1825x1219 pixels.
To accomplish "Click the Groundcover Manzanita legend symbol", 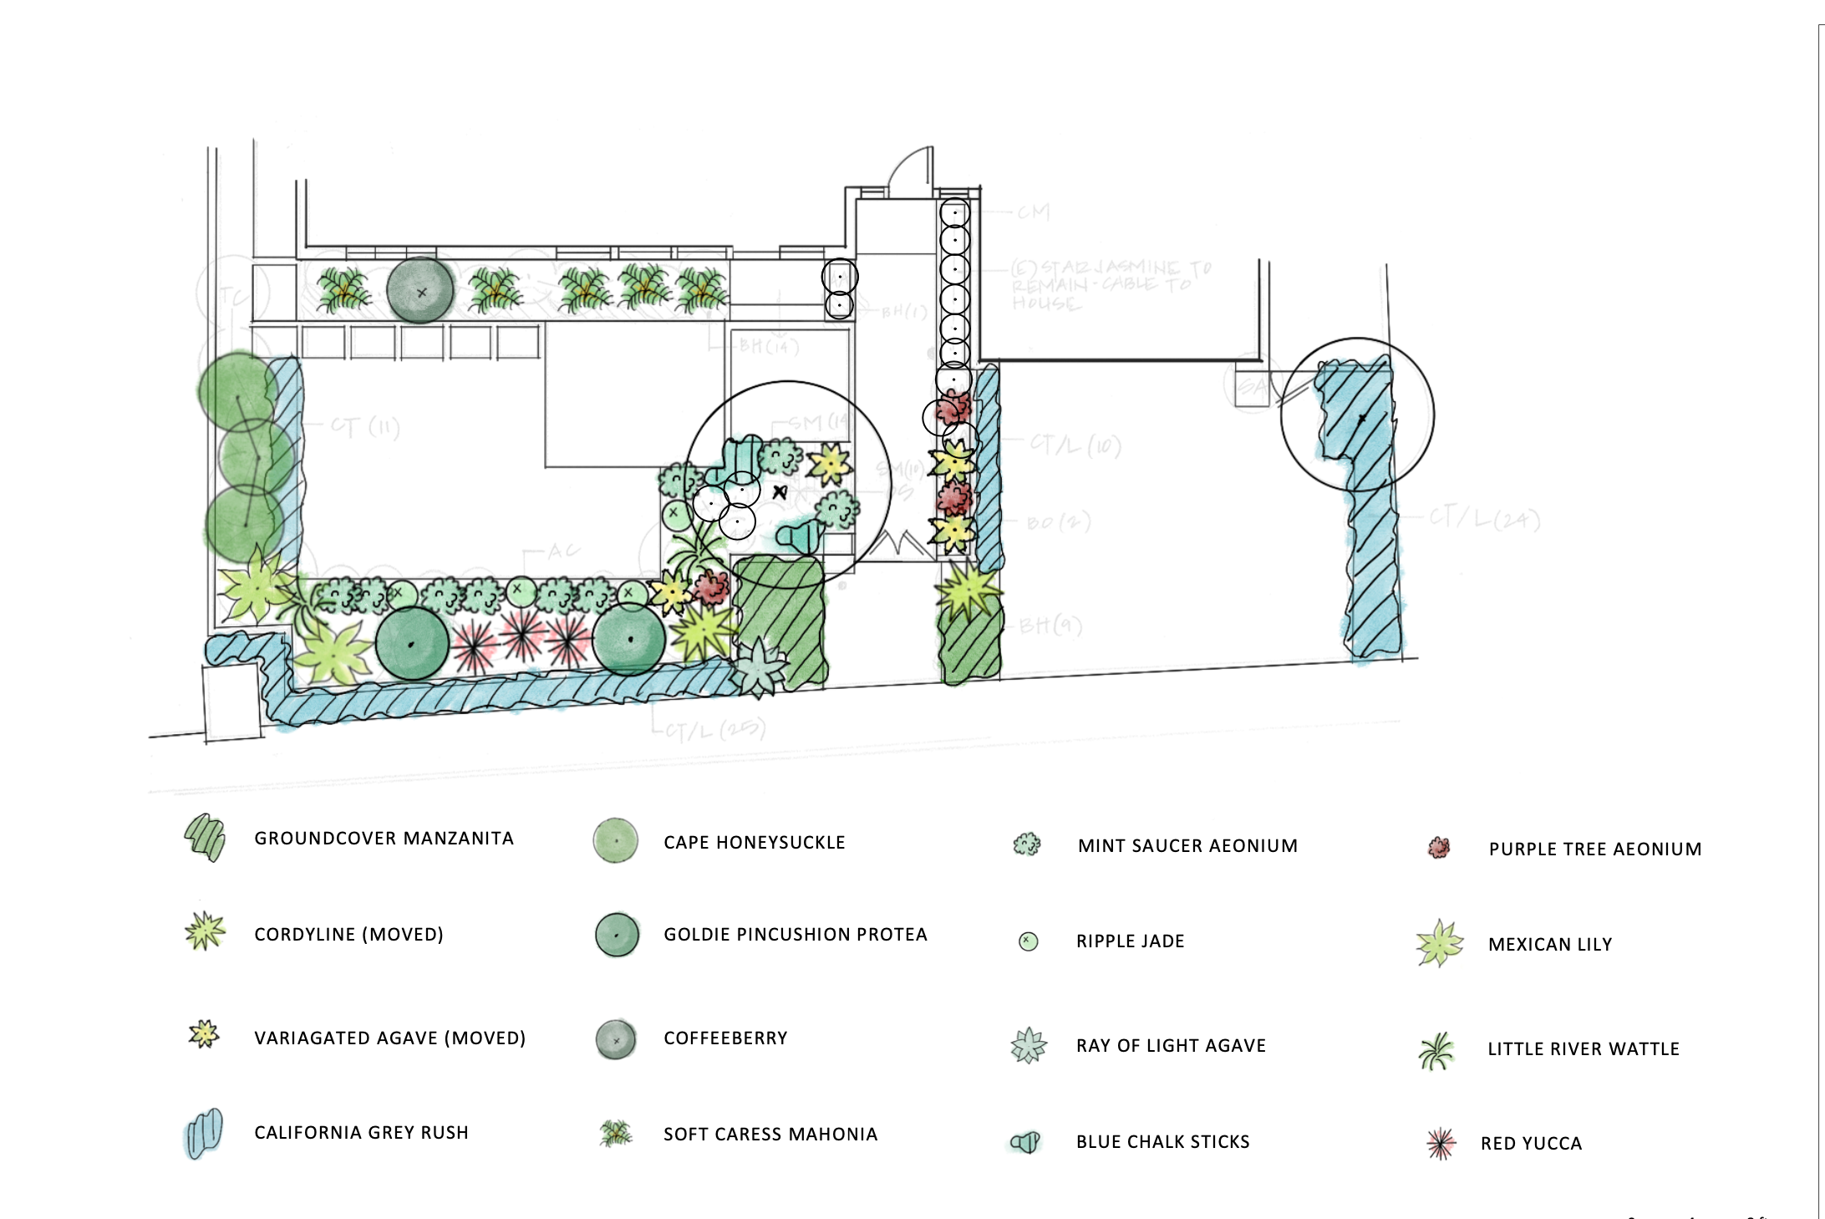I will coord(205,837).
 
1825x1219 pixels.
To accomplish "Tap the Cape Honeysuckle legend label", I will coord(754,843).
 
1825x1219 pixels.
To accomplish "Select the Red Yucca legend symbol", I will coord(1441,1144).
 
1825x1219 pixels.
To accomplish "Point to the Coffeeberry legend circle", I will coord(616,1040).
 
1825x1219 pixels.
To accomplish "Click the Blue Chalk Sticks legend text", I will coord(1162,1142).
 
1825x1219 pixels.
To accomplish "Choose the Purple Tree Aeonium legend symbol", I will coord(1439,848).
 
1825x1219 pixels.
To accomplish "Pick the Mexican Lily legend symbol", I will coord(1440,944).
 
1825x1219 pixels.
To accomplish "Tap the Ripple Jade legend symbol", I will coord(1029,941).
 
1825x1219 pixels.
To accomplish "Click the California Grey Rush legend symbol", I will coord(204,1133).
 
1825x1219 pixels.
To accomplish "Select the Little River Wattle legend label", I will coord(1583,1049).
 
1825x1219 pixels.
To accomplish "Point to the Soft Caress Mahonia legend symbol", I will coord(617,1134).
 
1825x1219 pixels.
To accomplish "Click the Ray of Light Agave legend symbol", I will coord(1029,1045).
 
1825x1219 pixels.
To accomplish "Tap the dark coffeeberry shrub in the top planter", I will coord(420,291).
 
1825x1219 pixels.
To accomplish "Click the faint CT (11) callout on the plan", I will coord(365,428).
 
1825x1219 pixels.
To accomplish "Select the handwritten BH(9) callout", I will coord(1050,625).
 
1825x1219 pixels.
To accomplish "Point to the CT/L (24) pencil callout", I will coord(1484,519).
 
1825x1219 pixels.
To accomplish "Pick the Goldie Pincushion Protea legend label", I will coord(795,935).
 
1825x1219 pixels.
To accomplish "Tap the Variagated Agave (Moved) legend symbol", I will coord(204,1035).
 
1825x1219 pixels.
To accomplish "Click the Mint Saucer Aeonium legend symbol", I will coord(1027,845).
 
